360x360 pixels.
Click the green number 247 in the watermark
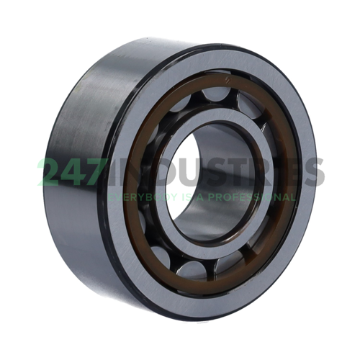(x=72, y=172)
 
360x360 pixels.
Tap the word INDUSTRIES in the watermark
(x=216, y=172)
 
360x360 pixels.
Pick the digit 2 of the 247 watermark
(x=50, y=172)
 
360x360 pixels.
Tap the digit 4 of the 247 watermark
(x=72, y=172)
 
